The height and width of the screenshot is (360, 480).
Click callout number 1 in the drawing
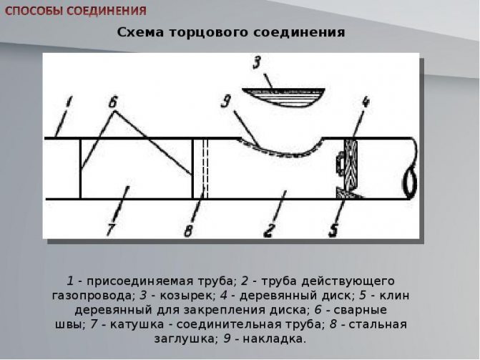pos(69,102)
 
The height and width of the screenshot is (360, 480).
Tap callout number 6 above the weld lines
pos(113,102)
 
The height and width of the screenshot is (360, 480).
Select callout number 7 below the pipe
pos(111,229)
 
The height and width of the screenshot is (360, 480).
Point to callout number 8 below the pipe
pos(189,230)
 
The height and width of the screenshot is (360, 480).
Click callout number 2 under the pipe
pos(269,230)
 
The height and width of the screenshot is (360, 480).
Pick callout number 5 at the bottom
pos(333,230)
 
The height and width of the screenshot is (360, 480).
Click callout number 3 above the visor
pos(257,62)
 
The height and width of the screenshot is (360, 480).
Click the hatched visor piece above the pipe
pos(283,97)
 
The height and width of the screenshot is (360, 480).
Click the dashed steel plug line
pos(206,169)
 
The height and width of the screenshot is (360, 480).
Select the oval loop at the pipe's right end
pos(410,184)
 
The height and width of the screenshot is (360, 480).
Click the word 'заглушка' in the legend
pos(186,339)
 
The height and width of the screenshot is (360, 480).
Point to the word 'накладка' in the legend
pos(274,339)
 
